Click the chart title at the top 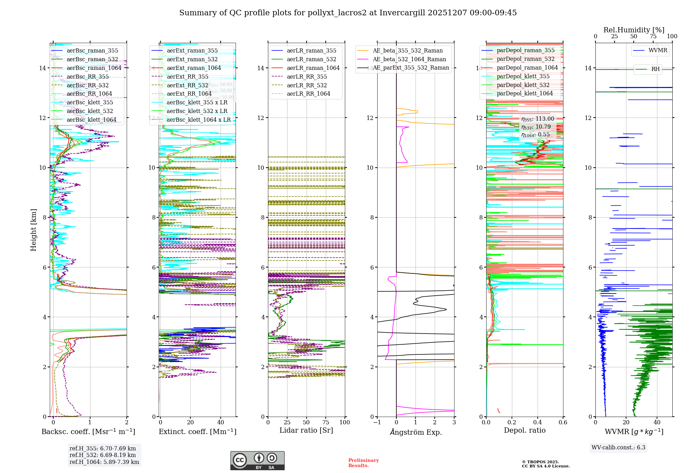tap(348, 13)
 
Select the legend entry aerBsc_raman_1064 tap(94, 68)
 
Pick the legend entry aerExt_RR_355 tap(188, 77)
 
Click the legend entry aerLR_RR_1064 tap(308, 94)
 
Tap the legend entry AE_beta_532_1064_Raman tap(409, 59)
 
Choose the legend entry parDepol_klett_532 tap(523, 85)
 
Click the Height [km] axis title tap(33, 230)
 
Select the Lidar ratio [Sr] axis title tap(306, 430)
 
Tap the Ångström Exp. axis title tap(416, 432)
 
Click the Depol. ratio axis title tap(525, 430)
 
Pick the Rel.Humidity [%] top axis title tap(634, 30)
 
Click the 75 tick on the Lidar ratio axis tap(326, 422)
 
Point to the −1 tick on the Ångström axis tap(377, 422)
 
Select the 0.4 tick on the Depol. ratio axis tap(537, 422)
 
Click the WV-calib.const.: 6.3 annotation tap(618, 447)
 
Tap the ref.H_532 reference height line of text tap(103, 455)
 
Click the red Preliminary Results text tap(363, 463)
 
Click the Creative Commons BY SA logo tap(257, 460)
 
